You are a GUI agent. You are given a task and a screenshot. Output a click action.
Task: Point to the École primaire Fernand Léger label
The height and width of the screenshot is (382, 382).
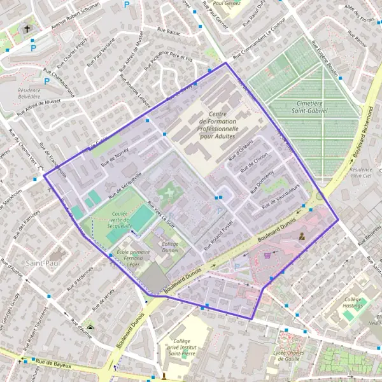tap(137, 257)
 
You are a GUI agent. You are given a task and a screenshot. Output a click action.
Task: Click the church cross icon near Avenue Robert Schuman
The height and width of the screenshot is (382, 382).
tap(27, 29)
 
